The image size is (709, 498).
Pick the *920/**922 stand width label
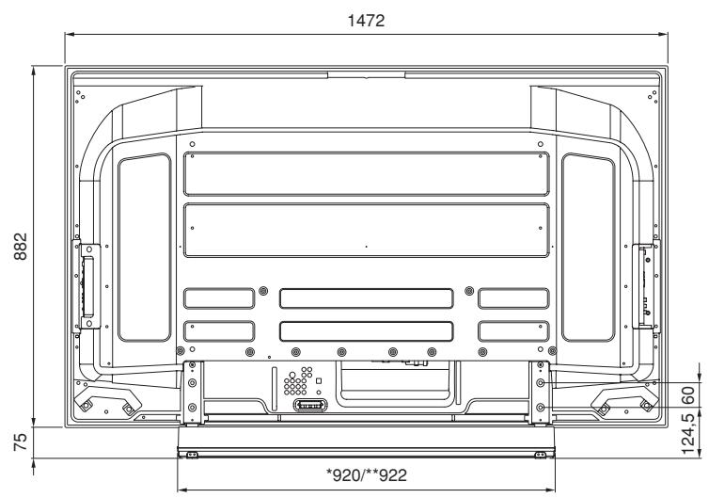tap(365, 474)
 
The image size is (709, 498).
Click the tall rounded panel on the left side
tap(143, 247)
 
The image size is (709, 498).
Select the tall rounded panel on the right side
tap(587, 247)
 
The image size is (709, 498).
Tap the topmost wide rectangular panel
tap(366, 173)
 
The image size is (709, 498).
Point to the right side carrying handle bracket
tap(648, 284)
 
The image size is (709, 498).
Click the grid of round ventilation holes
tap(297, 384)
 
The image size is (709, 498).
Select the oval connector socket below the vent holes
tap(308, 405)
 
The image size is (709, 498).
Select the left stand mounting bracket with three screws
tap(191, 388)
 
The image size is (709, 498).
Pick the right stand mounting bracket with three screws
tap(541, 388)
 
